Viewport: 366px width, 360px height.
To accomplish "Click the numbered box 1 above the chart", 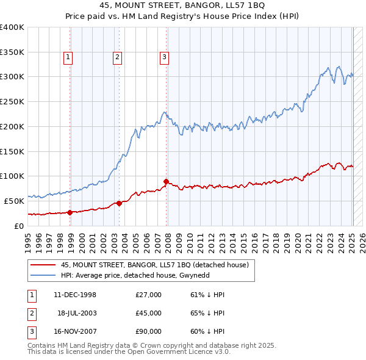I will [68, 58].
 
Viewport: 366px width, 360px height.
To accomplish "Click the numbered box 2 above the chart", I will [117, 58].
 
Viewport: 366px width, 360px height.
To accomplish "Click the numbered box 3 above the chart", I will [164, 58].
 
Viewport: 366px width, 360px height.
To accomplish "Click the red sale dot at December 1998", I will [70, 212].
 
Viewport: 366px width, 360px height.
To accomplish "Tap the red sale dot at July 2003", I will [120, 203].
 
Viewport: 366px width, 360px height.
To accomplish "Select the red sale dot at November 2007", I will [167, 181].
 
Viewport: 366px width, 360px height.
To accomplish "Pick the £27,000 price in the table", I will [149, 295].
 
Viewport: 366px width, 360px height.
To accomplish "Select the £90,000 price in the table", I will [149, 331].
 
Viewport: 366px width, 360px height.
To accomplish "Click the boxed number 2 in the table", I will [31, 313].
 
